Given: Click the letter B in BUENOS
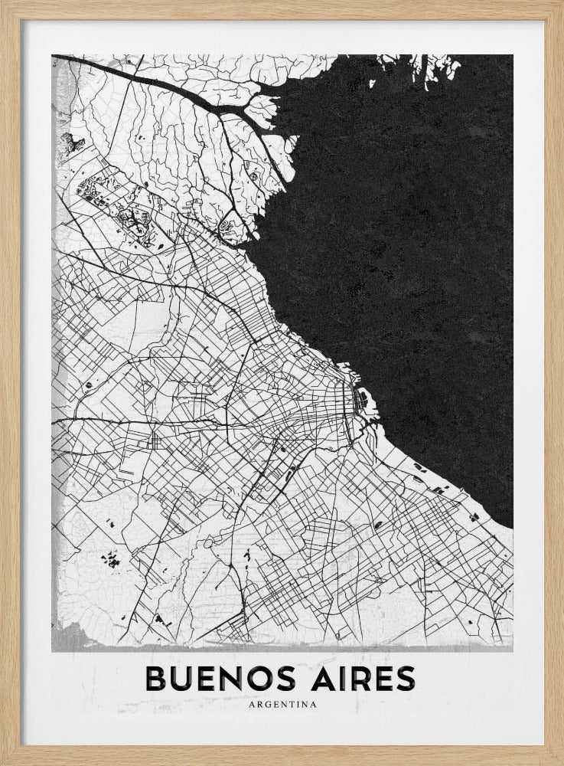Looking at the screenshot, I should pos(155,679).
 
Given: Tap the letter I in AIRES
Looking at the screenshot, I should pos(334,679).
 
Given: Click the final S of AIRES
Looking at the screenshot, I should pos(405,679).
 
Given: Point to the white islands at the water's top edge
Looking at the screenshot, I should pos(436,69).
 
